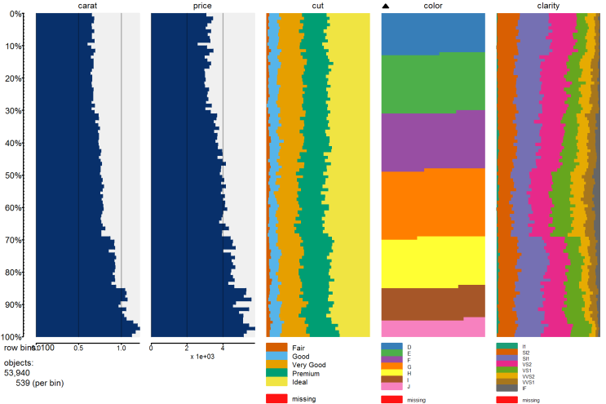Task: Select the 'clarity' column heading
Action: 548,6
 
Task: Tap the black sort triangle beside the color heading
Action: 387,7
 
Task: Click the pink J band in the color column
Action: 433,327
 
